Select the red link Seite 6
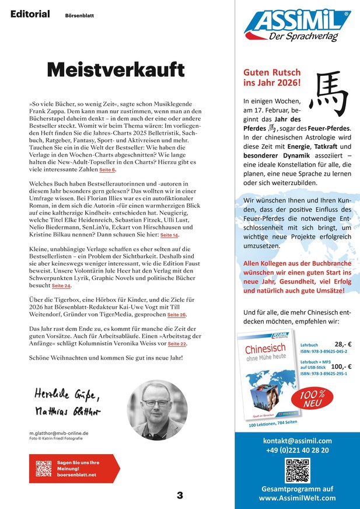point(107,170)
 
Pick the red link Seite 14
point(169,235)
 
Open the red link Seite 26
point(177,315)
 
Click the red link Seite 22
point(177,344)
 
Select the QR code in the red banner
point(44,468)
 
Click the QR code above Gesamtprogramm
point(297,470)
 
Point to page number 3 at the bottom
point(180,496)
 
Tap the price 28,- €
point(342,344)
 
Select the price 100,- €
point(340,366)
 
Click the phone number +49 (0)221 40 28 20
point(297,450)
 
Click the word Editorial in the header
point(30,14)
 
